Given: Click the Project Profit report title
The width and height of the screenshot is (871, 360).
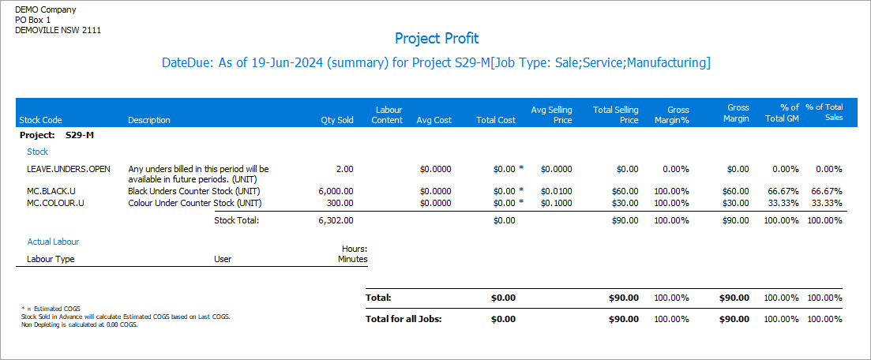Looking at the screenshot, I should coord(436,38).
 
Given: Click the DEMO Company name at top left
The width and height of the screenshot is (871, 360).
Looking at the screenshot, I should coord(47,9).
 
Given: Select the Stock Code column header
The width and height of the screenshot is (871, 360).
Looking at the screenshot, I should coord(39,120).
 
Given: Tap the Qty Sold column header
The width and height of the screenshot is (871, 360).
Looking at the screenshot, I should coord(336,120).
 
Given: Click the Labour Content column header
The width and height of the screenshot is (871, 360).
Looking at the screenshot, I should coord(388,114).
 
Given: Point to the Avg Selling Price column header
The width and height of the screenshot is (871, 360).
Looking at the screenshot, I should coord(551,114).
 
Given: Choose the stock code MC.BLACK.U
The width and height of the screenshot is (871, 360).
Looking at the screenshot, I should coord(55,191).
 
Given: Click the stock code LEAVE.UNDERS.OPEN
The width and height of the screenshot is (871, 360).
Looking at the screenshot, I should coord(69,169).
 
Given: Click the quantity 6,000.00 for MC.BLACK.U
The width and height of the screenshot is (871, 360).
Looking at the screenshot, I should coord(336,191).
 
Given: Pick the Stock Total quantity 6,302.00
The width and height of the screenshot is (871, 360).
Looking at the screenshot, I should coord(336,220).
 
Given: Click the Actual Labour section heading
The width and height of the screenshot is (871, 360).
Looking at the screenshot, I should coord(53,242).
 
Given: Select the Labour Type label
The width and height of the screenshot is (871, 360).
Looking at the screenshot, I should coord(51,258).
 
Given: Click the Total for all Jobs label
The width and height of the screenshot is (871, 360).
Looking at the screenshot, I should coord(404,319).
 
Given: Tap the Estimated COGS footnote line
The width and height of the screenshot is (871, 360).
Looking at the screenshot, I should coord(51,308).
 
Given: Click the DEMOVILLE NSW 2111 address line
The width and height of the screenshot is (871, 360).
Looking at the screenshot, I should coord(58,30).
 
